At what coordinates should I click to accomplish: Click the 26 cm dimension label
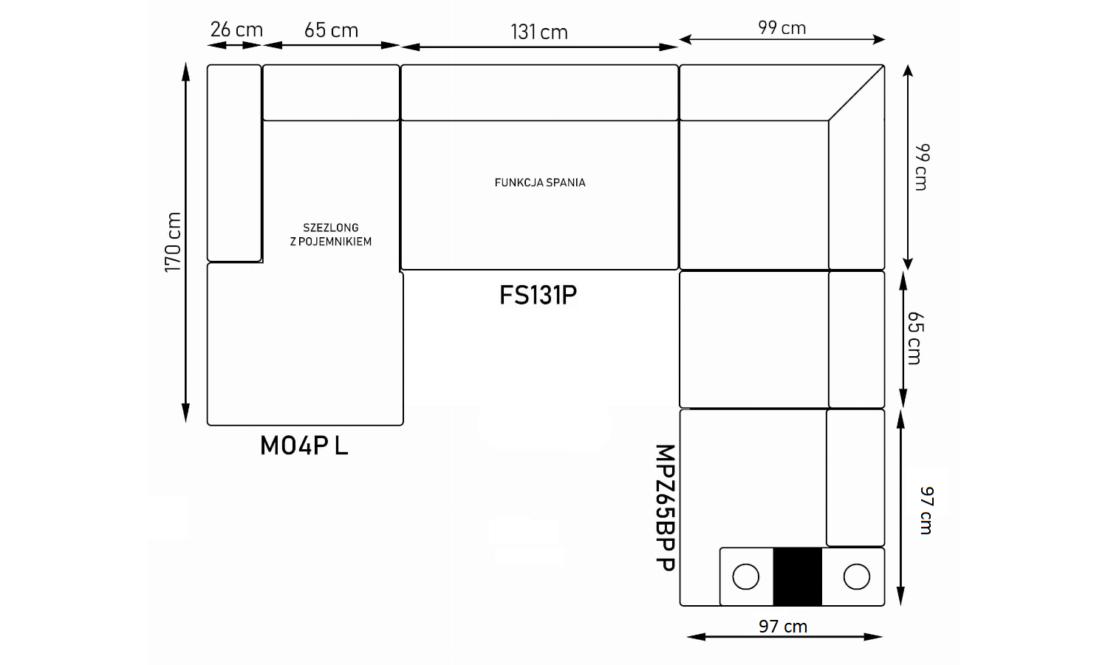[x=236, y=30]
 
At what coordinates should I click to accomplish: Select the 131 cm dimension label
[x=539, y=33]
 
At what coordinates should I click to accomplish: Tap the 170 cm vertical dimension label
[x=173, y=242]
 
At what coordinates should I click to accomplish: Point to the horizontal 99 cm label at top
[x=782, y=28]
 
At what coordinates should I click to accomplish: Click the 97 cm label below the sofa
[x=783, y=627]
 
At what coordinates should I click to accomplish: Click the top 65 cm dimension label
[x=331, y=30]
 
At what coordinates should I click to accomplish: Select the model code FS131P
[x=538, y=295]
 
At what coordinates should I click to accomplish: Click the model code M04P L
[x=304, y=446]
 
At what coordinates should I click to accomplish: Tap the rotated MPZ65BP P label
[x=666, y=508]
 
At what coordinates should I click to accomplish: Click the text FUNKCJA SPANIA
[x=540, y=183]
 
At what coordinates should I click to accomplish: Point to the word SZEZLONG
[x=331, y=228]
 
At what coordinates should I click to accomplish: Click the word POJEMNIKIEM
[x=335, y=242]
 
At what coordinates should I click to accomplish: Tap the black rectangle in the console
[x=797, y=576]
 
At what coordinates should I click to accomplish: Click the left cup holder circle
[x=746, y=576]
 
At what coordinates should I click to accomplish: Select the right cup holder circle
[x=857, y=576]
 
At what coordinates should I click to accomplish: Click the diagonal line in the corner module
[x=856, y=92]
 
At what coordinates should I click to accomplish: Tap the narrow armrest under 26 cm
[x=234, y=163]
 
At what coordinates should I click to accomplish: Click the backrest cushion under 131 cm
[x=539, y=92]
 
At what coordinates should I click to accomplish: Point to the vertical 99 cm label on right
[x=922, y=167]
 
